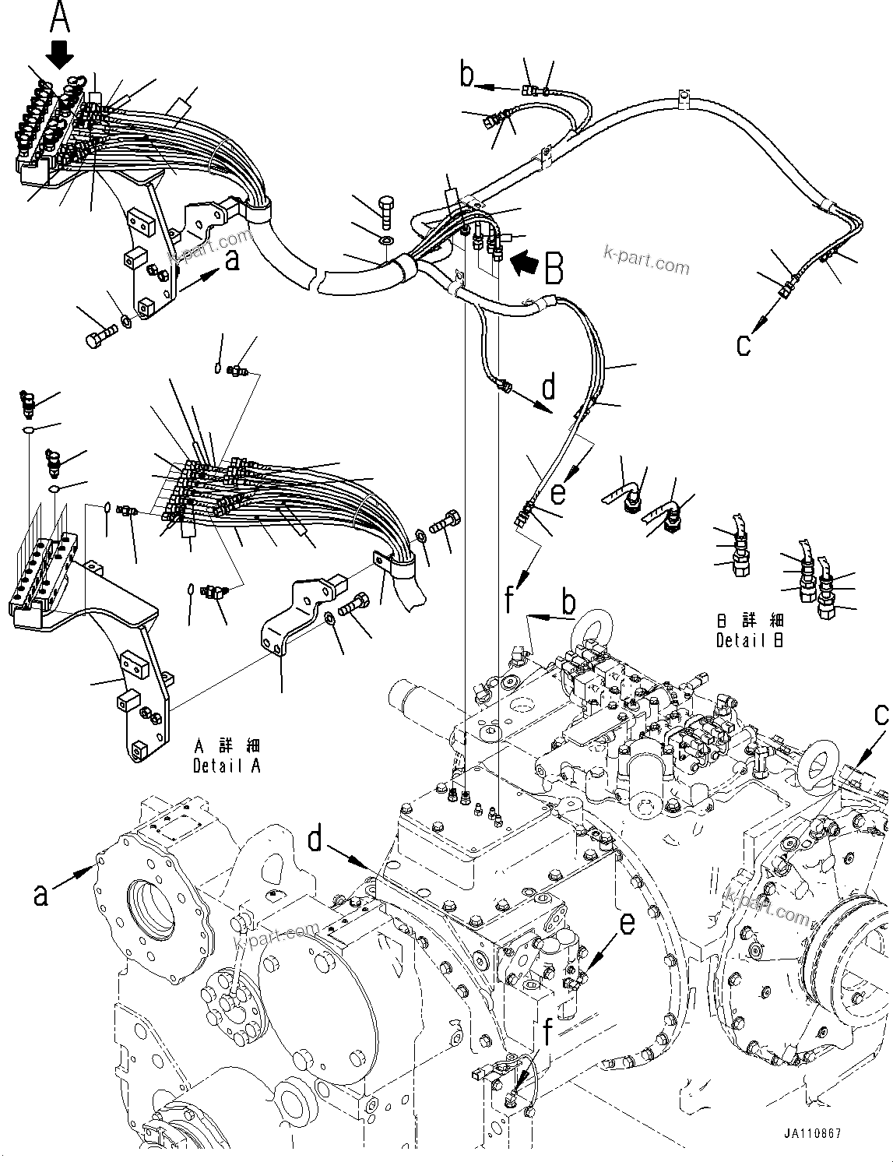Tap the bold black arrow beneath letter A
point(60,53)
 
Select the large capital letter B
point(554,269)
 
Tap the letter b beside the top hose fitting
point(466,76)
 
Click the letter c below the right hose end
point(744,344)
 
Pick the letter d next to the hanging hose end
point(549,387)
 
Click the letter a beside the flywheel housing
point(40,894)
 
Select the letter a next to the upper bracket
point(231,262)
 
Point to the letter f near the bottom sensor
point(550,1033)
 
